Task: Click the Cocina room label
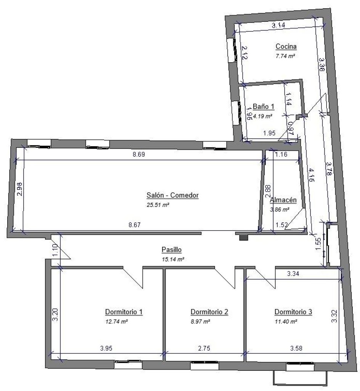286,46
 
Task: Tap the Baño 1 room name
264,107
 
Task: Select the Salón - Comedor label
172,195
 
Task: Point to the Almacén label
283,200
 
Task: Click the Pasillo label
172,250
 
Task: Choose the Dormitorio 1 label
124,312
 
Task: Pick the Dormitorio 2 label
209,312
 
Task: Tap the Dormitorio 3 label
293,312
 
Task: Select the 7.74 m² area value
285,56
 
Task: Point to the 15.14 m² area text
173,259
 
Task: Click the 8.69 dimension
139,154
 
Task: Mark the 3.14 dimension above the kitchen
278,25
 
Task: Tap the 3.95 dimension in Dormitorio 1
106,348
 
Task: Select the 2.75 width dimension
204,348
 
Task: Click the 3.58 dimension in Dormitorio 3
296,348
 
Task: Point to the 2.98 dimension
20,189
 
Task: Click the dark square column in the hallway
244,238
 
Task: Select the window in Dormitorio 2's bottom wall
205,365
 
